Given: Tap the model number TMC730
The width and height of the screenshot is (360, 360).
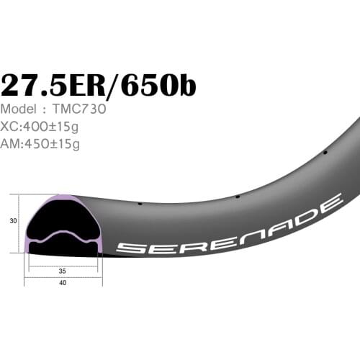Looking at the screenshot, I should coord(80,109).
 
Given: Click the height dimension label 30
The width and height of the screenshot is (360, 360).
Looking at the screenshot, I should coord(13,222).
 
